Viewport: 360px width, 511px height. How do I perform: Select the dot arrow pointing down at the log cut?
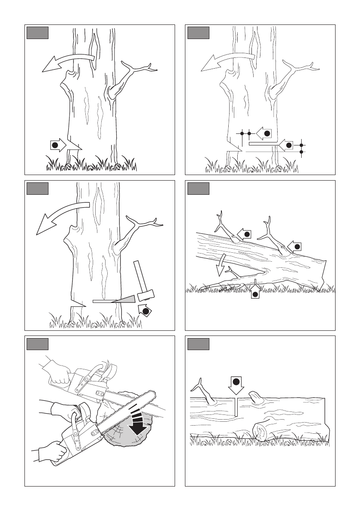236,384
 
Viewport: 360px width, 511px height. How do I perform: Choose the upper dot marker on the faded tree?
266,133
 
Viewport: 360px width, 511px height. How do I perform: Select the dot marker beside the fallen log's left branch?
246,234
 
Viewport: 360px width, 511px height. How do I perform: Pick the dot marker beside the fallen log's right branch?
296,246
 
